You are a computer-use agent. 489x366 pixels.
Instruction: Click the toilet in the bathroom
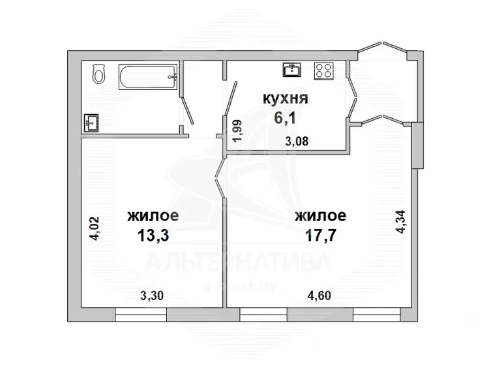coord(99,74)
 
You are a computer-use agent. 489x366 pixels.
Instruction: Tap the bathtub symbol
coord(148,77)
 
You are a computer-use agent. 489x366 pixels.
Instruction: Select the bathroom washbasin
coord(91,123)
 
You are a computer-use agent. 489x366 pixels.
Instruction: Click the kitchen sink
coord(292,69)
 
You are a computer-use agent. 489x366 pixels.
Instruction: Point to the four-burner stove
coord(324,71)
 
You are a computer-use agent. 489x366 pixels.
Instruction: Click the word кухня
coord(286,99)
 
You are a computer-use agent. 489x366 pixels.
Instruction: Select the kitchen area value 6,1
coord(285,117)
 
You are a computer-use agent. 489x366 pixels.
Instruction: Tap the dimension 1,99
coord(237,131)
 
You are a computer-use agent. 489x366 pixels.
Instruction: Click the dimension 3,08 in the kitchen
coord(297,142)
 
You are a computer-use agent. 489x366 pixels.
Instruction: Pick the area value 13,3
coord(153,236)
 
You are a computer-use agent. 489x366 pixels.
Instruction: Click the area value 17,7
coord(321,236)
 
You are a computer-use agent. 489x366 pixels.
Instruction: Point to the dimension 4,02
coord(94,228)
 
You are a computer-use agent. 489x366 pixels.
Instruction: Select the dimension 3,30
coord(152,295)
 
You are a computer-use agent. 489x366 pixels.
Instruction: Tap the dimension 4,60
coord(319,295)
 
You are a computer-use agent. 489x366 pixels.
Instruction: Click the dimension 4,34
coord(400,222)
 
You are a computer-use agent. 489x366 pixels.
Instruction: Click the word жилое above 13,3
coord(153,215)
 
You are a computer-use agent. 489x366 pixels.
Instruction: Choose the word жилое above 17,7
coord(321,215)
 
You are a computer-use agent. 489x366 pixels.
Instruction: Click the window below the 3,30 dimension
coord(141,314)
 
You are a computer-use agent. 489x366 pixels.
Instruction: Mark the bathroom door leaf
coord(187,110)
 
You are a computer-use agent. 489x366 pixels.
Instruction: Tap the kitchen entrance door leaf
coord(231,99)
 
